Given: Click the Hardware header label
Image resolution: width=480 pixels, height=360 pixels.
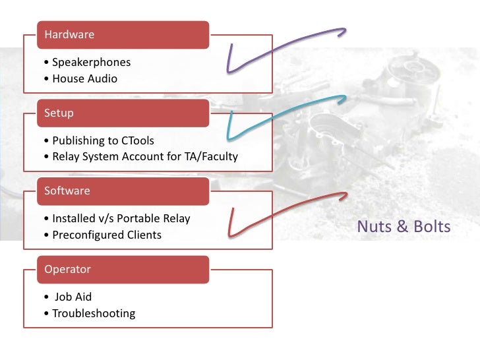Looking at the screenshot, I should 69,35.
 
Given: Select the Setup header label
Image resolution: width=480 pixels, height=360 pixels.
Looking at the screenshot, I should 59,113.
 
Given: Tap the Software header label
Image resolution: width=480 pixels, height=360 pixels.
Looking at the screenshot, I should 66,191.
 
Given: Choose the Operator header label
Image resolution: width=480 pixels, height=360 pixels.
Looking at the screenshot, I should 67,269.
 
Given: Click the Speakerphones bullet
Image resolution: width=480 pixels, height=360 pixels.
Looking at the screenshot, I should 86,63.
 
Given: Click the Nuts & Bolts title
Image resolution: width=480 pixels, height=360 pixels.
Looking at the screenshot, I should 404,227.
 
